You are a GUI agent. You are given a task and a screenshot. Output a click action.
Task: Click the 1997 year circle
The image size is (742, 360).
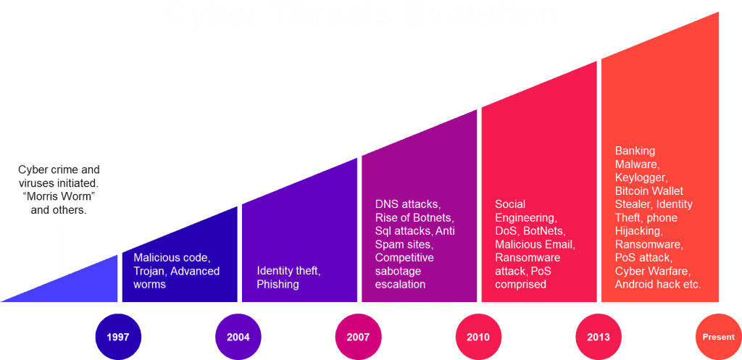(x=118, y=338)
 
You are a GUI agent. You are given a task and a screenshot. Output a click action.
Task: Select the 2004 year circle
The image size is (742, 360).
(x=238, y=338)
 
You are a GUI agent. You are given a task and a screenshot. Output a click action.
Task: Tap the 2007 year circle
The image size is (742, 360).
(x=357, y=338)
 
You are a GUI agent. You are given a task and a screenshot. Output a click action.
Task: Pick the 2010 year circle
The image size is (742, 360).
(x=478, y=338)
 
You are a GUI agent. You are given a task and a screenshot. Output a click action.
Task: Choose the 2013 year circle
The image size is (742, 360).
(x=598, y=338)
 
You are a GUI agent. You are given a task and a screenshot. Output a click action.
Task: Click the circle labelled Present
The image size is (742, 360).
(x=717, y=338)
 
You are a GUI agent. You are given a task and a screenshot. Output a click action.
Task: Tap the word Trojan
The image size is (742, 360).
(x=150, y=271)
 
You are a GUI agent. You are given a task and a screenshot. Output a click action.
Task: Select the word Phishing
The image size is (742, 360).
(x=278, y=284)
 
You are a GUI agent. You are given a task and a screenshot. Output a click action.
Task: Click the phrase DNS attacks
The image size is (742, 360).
(x=407, y=204)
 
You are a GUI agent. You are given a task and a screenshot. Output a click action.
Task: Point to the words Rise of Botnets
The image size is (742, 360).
(x=413, y=217)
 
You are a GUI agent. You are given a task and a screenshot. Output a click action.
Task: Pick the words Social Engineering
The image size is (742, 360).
(x=525, y=211)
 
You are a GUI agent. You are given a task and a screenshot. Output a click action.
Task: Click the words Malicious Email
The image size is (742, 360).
(x=535, y=244)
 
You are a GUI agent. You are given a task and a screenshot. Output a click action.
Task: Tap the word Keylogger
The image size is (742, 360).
(x=641, y=177)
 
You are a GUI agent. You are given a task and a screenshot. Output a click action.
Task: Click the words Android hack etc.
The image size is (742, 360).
(x=657, y=284)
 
